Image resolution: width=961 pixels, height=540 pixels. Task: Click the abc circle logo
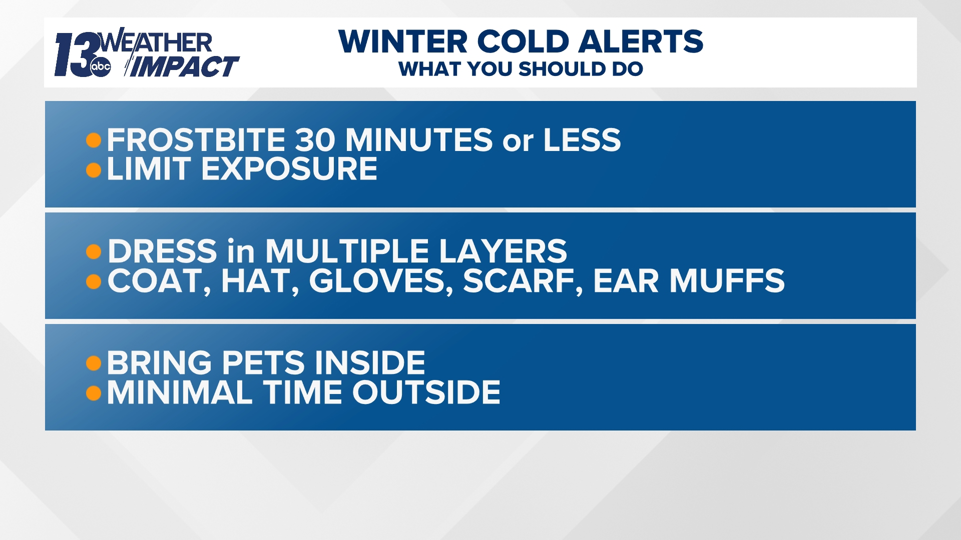pyautogui.click(x=101, y=67)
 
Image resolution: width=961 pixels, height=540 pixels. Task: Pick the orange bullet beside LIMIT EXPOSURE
pyautogui.click(x=94, y=170)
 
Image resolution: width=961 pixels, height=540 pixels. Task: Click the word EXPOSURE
pyautogui.click(x=289, y=169)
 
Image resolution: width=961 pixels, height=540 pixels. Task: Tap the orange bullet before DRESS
pyautogui.click(x=94, y=251)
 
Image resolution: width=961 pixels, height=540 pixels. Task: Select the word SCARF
pyautogui.click(x=523, y=281)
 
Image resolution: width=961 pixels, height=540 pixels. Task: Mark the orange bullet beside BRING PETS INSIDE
pyautogui.click(x=94, y=363)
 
